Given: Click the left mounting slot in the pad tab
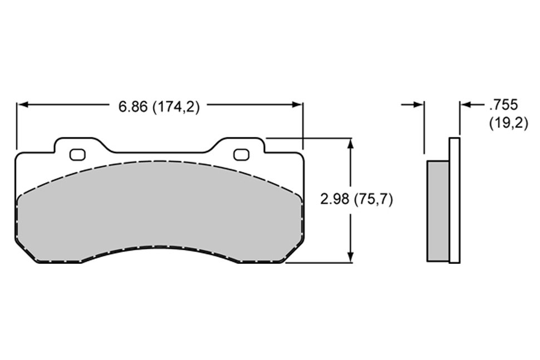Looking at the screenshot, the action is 77,155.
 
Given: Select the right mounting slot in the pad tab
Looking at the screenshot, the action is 242,155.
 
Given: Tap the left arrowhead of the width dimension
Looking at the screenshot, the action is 22,105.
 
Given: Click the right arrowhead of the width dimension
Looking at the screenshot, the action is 297,105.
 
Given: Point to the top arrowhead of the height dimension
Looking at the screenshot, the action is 350,144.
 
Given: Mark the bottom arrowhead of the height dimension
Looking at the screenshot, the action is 350,257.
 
